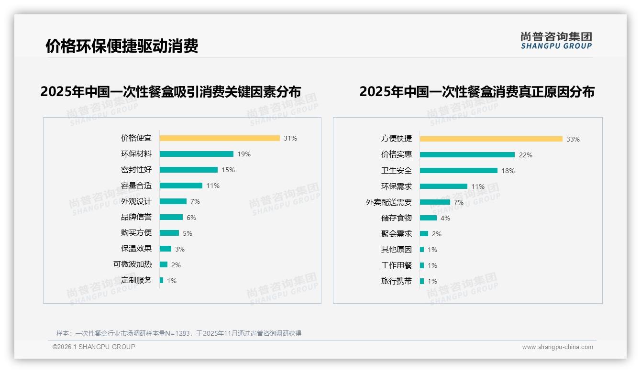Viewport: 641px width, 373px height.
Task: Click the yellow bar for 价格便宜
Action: click(220, 138)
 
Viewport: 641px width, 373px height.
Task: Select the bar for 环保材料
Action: click(196, 154)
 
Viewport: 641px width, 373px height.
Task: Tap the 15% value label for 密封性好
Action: click(228, 170)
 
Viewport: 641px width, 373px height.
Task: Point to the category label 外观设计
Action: click(136, 201)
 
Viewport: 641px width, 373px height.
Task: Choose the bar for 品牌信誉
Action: click(171, 217)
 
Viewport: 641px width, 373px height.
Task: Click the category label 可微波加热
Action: click(133, 264)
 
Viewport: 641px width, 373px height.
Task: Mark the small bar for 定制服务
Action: click(162, 280)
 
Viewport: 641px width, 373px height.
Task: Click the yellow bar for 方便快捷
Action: click(491, 139)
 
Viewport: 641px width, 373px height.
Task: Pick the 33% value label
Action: click(573, 139)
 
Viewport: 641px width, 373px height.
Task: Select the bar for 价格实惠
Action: click(467, 155)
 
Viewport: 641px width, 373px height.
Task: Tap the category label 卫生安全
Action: click(397, 171)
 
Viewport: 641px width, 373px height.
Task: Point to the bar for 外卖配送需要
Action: click(435, 202)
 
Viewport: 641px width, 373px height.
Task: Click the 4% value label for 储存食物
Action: click(445, 218)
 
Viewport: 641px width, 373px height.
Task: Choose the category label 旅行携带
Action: click(397, 281)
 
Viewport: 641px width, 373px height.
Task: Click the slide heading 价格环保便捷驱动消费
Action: click(122, 46)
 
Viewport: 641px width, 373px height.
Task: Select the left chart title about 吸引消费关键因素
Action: click(171, 92)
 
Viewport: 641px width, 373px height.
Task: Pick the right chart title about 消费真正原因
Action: click(477, 92)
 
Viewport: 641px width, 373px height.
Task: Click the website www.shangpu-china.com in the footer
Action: click(557, 347)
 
